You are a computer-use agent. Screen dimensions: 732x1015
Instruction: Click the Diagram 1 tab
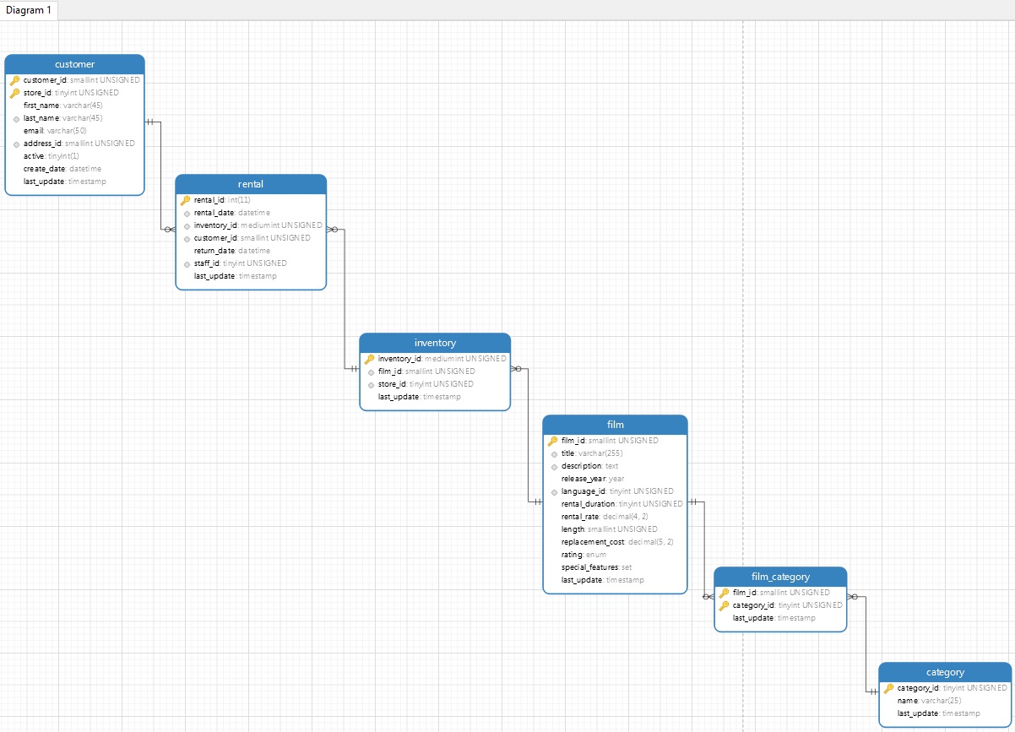pos(30,10)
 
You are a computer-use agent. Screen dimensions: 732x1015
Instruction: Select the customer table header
pos(74,64)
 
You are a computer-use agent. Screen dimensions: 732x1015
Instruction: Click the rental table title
pos(251,184)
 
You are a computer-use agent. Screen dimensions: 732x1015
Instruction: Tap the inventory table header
pos(435,343)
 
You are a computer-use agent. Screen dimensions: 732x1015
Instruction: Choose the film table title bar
pos(615,425)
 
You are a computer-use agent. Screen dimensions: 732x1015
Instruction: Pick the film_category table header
pos(780,577)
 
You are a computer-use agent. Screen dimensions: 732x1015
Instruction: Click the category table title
pos(945,672)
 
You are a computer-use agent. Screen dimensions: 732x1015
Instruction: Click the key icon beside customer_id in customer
pos(14,80)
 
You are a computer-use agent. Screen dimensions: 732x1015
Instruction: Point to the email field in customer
pos(34,131)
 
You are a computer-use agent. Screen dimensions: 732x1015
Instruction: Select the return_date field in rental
pos(214,251)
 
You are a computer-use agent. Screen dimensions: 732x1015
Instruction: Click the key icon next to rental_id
pos(185,200)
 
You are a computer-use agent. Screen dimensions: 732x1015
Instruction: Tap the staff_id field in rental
pos(207,263)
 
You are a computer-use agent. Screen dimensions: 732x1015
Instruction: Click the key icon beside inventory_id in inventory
pos(369,359)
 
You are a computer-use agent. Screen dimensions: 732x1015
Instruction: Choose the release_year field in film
pos(583,479)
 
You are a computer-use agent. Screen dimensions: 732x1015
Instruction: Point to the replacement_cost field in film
pos(593,542)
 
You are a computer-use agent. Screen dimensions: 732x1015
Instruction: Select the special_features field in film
pos(589,567)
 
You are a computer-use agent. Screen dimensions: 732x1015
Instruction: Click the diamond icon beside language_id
pos(553,491)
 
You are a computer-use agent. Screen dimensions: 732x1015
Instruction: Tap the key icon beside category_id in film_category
pos(724,605)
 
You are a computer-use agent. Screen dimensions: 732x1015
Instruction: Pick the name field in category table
pos(907,701)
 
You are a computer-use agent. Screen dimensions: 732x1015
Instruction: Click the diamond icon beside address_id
pos(15,144)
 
